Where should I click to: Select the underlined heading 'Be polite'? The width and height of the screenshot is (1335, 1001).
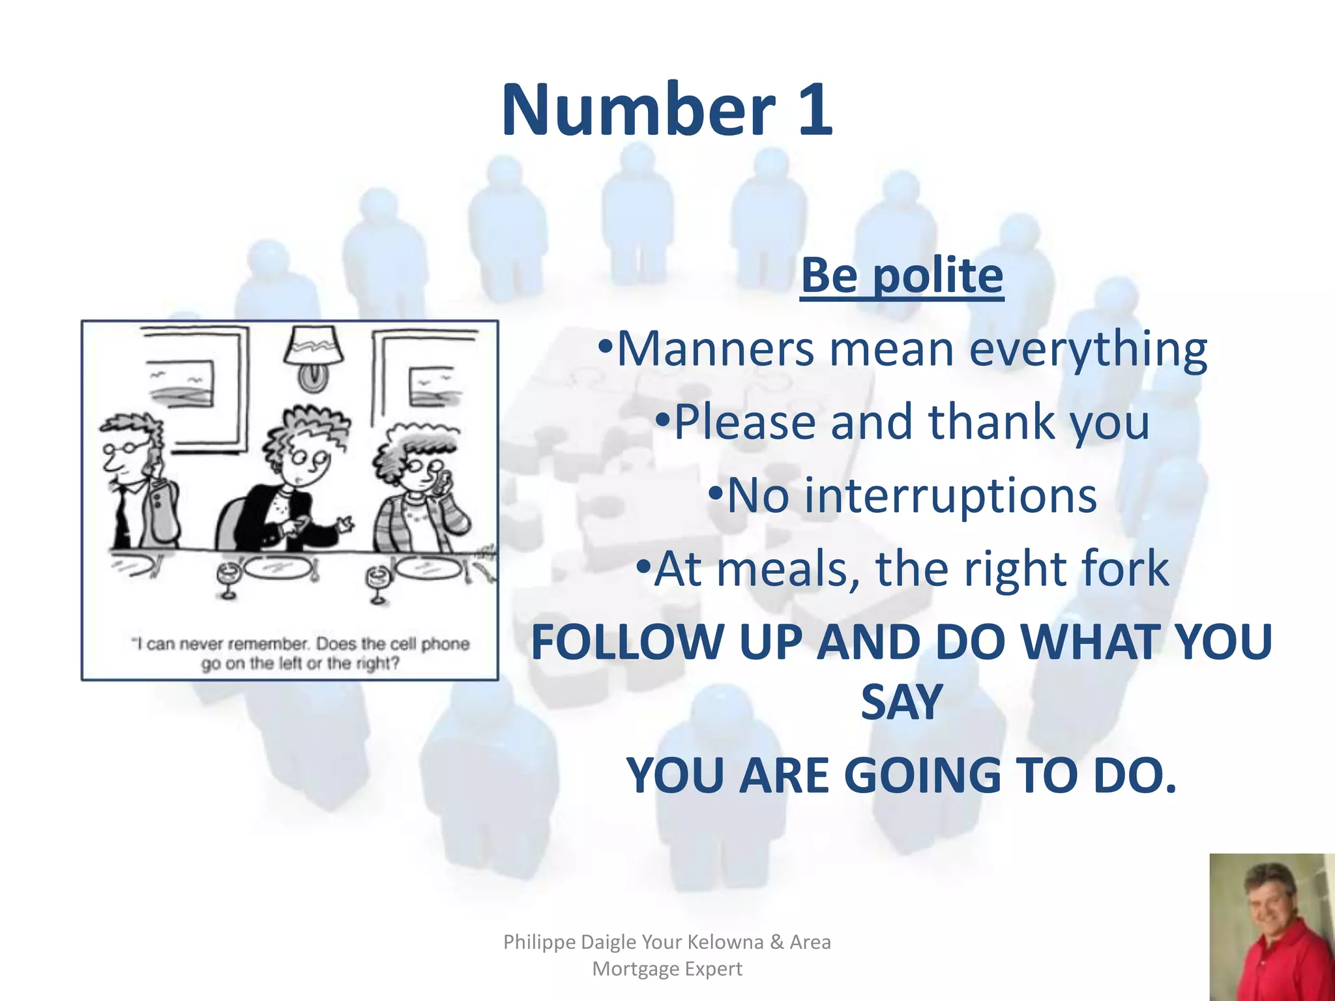tap(902, 276)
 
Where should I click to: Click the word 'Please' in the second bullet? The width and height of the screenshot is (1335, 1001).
tap(744, 422)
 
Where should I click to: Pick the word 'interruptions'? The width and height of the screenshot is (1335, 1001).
tap(911, 495)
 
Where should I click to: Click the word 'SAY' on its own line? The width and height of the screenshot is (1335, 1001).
tap(902, 703)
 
